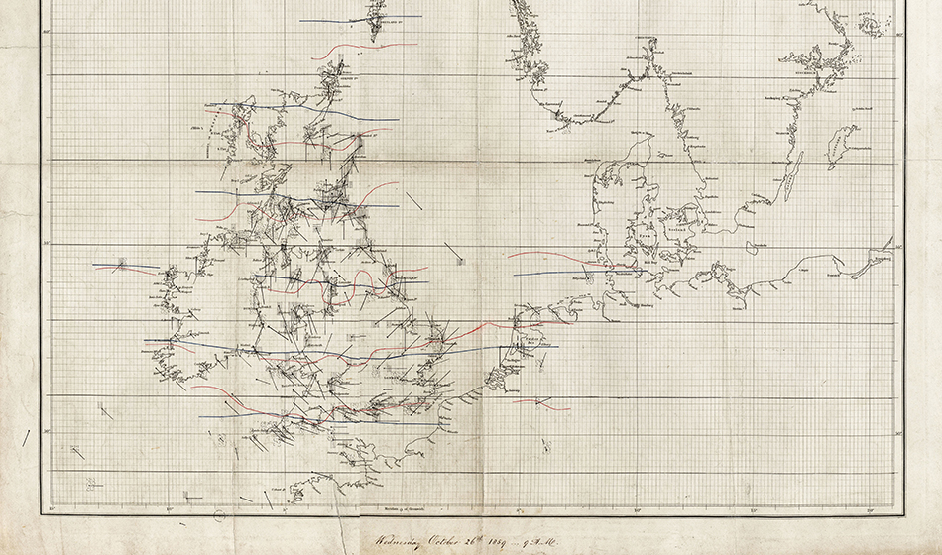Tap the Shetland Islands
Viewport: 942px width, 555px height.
[x=375, y=20]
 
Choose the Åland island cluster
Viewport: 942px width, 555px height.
[x=872, y=24]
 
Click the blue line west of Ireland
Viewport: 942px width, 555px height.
[x=124, y=266]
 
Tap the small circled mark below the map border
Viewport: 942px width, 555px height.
[x=219, y=515]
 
